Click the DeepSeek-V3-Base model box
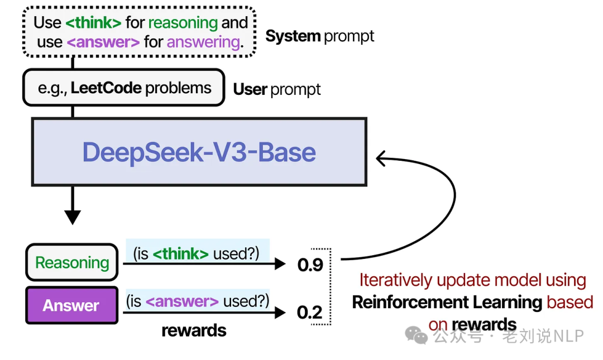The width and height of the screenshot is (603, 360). (199, 152)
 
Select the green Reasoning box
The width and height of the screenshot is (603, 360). (72, 262)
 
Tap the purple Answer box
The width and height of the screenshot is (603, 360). (71, 305)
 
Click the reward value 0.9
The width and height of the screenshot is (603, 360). (310, 265)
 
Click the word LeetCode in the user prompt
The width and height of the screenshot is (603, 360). (106, 88)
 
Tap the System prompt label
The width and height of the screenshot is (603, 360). (319, 36)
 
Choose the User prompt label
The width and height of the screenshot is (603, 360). (276, 89)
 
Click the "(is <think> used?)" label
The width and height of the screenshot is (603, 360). (197, 253)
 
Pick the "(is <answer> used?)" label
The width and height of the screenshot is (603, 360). (197, 302)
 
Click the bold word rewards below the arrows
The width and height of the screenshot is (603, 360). (194, 330)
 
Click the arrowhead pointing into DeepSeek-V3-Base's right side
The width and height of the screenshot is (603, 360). (382, 159)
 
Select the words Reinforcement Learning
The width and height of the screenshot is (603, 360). (447, 303)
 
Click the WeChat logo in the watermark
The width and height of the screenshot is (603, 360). (417, 335)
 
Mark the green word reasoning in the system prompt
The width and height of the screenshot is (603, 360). (183, 23)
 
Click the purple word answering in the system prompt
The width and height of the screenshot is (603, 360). (203, 42)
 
